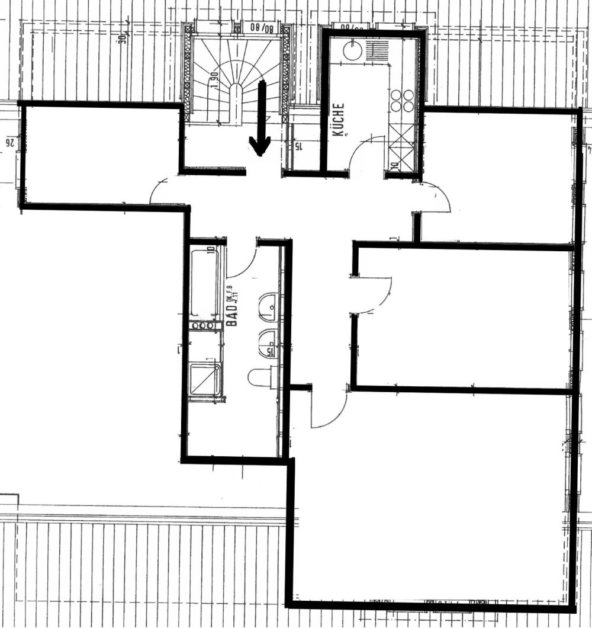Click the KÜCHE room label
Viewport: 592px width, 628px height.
point(338,120)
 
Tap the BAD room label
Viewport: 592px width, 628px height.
point(233,314)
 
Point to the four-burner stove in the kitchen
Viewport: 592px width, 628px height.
point(402,101)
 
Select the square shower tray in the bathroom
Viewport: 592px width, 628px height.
point(205,380)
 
